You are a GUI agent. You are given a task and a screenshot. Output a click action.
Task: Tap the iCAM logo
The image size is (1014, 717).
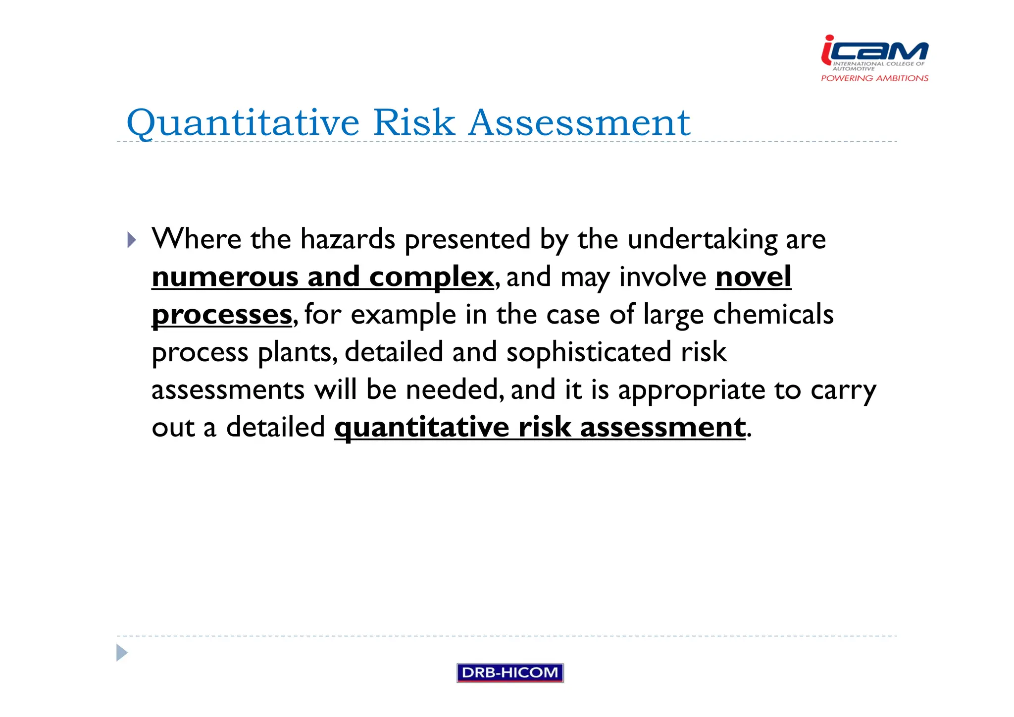pos(874,52)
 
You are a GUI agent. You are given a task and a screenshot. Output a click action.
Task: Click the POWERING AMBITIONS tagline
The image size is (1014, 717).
pos(874,78)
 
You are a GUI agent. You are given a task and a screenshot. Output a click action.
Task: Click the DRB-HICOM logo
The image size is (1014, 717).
pos(509,672)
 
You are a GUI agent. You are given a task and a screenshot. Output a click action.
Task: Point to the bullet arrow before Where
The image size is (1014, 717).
pos(131,240)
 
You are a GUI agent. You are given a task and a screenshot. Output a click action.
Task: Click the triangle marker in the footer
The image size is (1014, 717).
pos(122,653)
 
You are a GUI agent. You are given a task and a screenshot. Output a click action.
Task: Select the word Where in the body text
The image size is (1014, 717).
pos(196,239)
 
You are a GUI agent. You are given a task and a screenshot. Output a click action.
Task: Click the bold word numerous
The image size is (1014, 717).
pos(225,276)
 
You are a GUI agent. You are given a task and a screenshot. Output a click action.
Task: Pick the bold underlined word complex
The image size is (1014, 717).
pos(431,277)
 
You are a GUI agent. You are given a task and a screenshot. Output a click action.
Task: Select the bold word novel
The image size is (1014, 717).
pos(753,276)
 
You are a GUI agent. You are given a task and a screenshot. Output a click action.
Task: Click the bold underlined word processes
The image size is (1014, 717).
pos(222,315)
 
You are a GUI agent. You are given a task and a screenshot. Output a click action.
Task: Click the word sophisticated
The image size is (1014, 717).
pos(588,352)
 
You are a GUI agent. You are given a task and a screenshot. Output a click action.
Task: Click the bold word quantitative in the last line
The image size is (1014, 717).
pos(421,427)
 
